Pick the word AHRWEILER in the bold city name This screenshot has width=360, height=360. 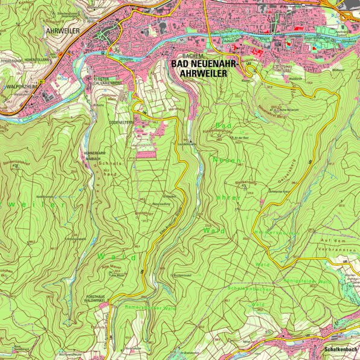[x=199, y=74]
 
